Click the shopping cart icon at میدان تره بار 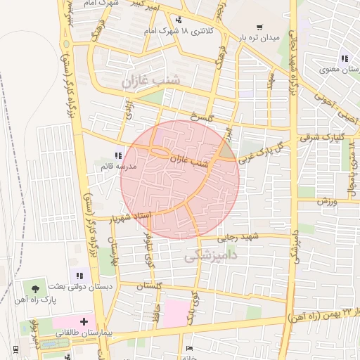click(261, 26)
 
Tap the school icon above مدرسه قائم click(117, 156)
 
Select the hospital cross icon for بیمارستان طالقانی click(85, 321)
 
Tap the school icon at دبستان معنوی click(344, 58)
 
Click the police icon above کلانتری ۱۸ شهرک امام click(179, 20)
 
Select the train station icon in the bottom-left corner click(14, 349)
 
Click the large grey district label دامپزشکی click(211, 258)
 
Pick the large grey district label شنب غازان click(150, 81)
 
